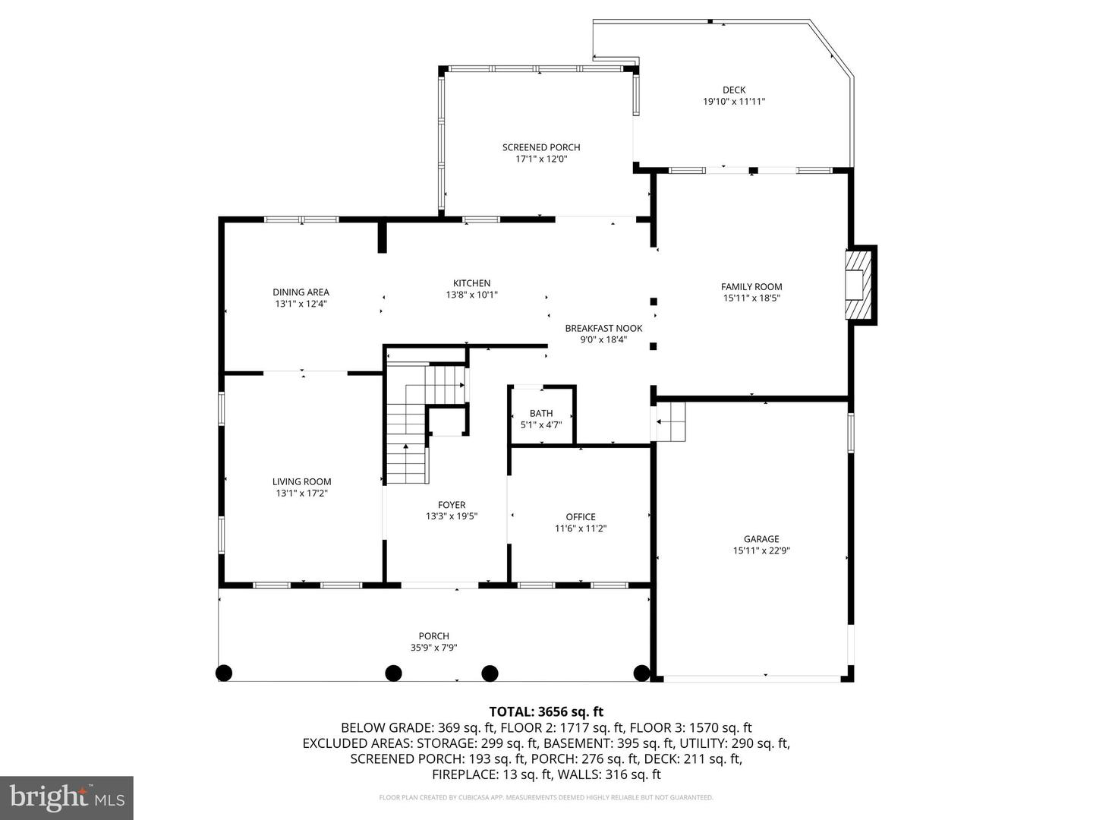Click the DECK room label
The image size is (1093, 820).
[733, 90]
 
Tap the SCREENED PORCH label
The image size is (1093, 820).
[541, 147]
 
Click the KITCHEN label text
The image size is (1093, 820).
[471, 283]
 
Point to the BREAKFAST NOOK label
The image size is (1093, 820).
[603, 328]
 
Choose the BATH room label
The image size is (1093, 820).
[541, 413]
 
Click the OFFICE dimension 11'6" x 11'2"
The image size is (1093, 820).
[581, 528]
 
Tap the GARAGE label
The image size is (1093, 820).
[761, 539]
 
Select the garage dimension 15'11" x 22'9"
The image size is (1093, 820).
[761, 551]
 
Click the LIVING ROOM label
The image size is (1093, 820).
[302, 481]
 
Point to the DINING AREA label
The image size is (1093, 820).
[301, 292]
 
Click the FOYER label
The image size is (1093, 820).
[452, 505]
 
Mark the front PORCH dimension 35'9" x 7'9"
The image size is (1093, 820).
[433, 648]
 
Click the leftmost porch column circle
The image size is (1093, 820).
[224, 673]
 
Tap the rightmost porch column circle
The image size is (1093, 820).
[641, 673]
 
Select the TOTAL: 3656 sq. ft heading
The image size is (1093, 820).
[546, 711]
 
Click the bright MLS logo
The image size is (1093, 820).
[67, 797]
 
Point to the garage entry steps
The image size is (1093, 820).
[670, 421]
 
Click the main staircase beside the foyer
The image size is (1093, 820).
[408, 440]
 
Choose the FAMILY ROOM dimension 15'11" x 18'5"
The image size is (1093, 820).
[751, 298]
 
